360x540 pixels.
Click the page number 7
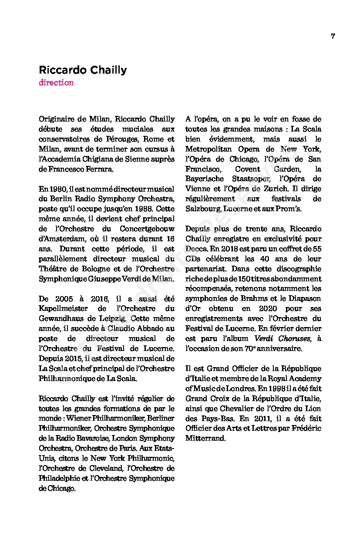point(333,36)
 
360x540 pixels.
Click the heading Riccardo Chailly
point(83,70)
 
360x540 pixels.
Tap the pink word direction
point(56,83)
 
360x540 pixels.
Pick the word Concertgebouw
point(147,229)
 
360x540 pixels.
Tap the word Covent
point(247,169)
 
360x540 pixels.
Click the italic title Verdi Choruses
point(283,339)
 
